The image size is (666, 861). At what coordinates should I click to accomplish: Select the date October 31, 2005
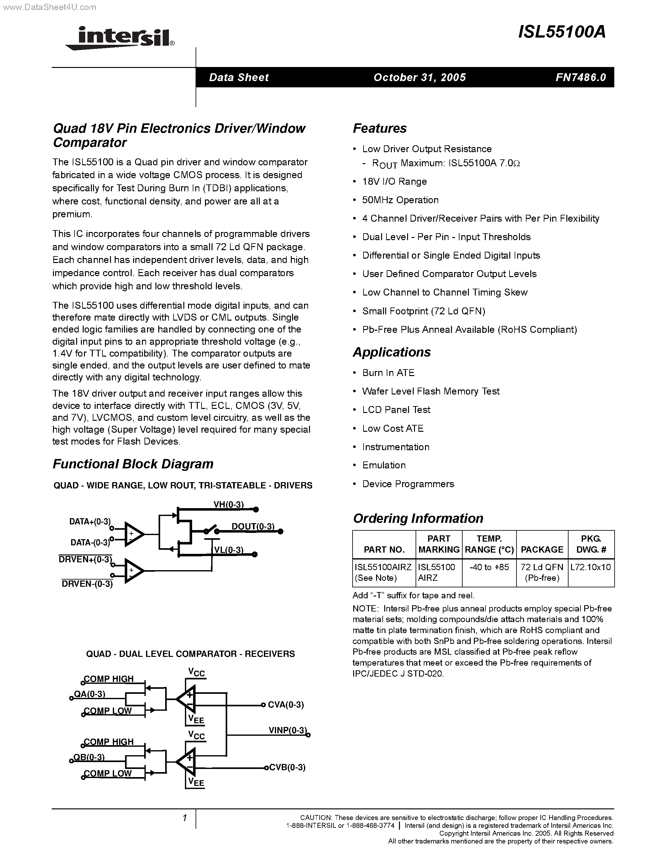(419, 77)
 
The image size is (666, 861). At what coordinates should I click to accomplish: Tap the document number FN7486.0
(580, 77)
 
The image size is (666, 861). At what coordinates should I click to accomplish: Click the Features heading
(380, 128)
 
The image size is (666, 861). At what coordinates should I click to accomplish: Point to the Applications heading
(391, 352)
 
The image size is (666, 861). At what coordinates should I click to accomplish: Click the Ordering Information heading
(418, 518)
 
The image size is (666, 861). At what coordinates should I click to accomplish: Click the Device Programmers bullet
(408, 484)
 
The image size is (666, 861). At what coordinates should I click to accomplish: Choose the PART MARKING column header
(439, 544)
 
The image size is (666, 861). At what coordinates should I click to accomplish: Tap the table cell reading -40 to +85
(489, 567)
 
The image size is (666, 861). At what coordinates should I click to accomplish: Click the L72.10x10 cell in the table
(591, 567)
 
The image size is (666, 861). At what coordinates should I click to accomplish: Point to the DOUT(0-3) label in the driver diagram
(253, 526)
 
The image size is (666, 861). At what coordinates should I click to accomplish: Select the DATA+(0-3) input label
(90, 522)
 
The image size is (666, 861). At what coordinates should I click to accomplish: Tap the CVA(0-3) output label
(286, 704)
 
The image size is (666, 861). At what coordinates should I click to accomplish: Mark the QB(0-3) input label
(89, 757)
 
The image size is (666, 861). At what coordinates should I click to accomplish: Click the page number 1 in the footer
(184, 818)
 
